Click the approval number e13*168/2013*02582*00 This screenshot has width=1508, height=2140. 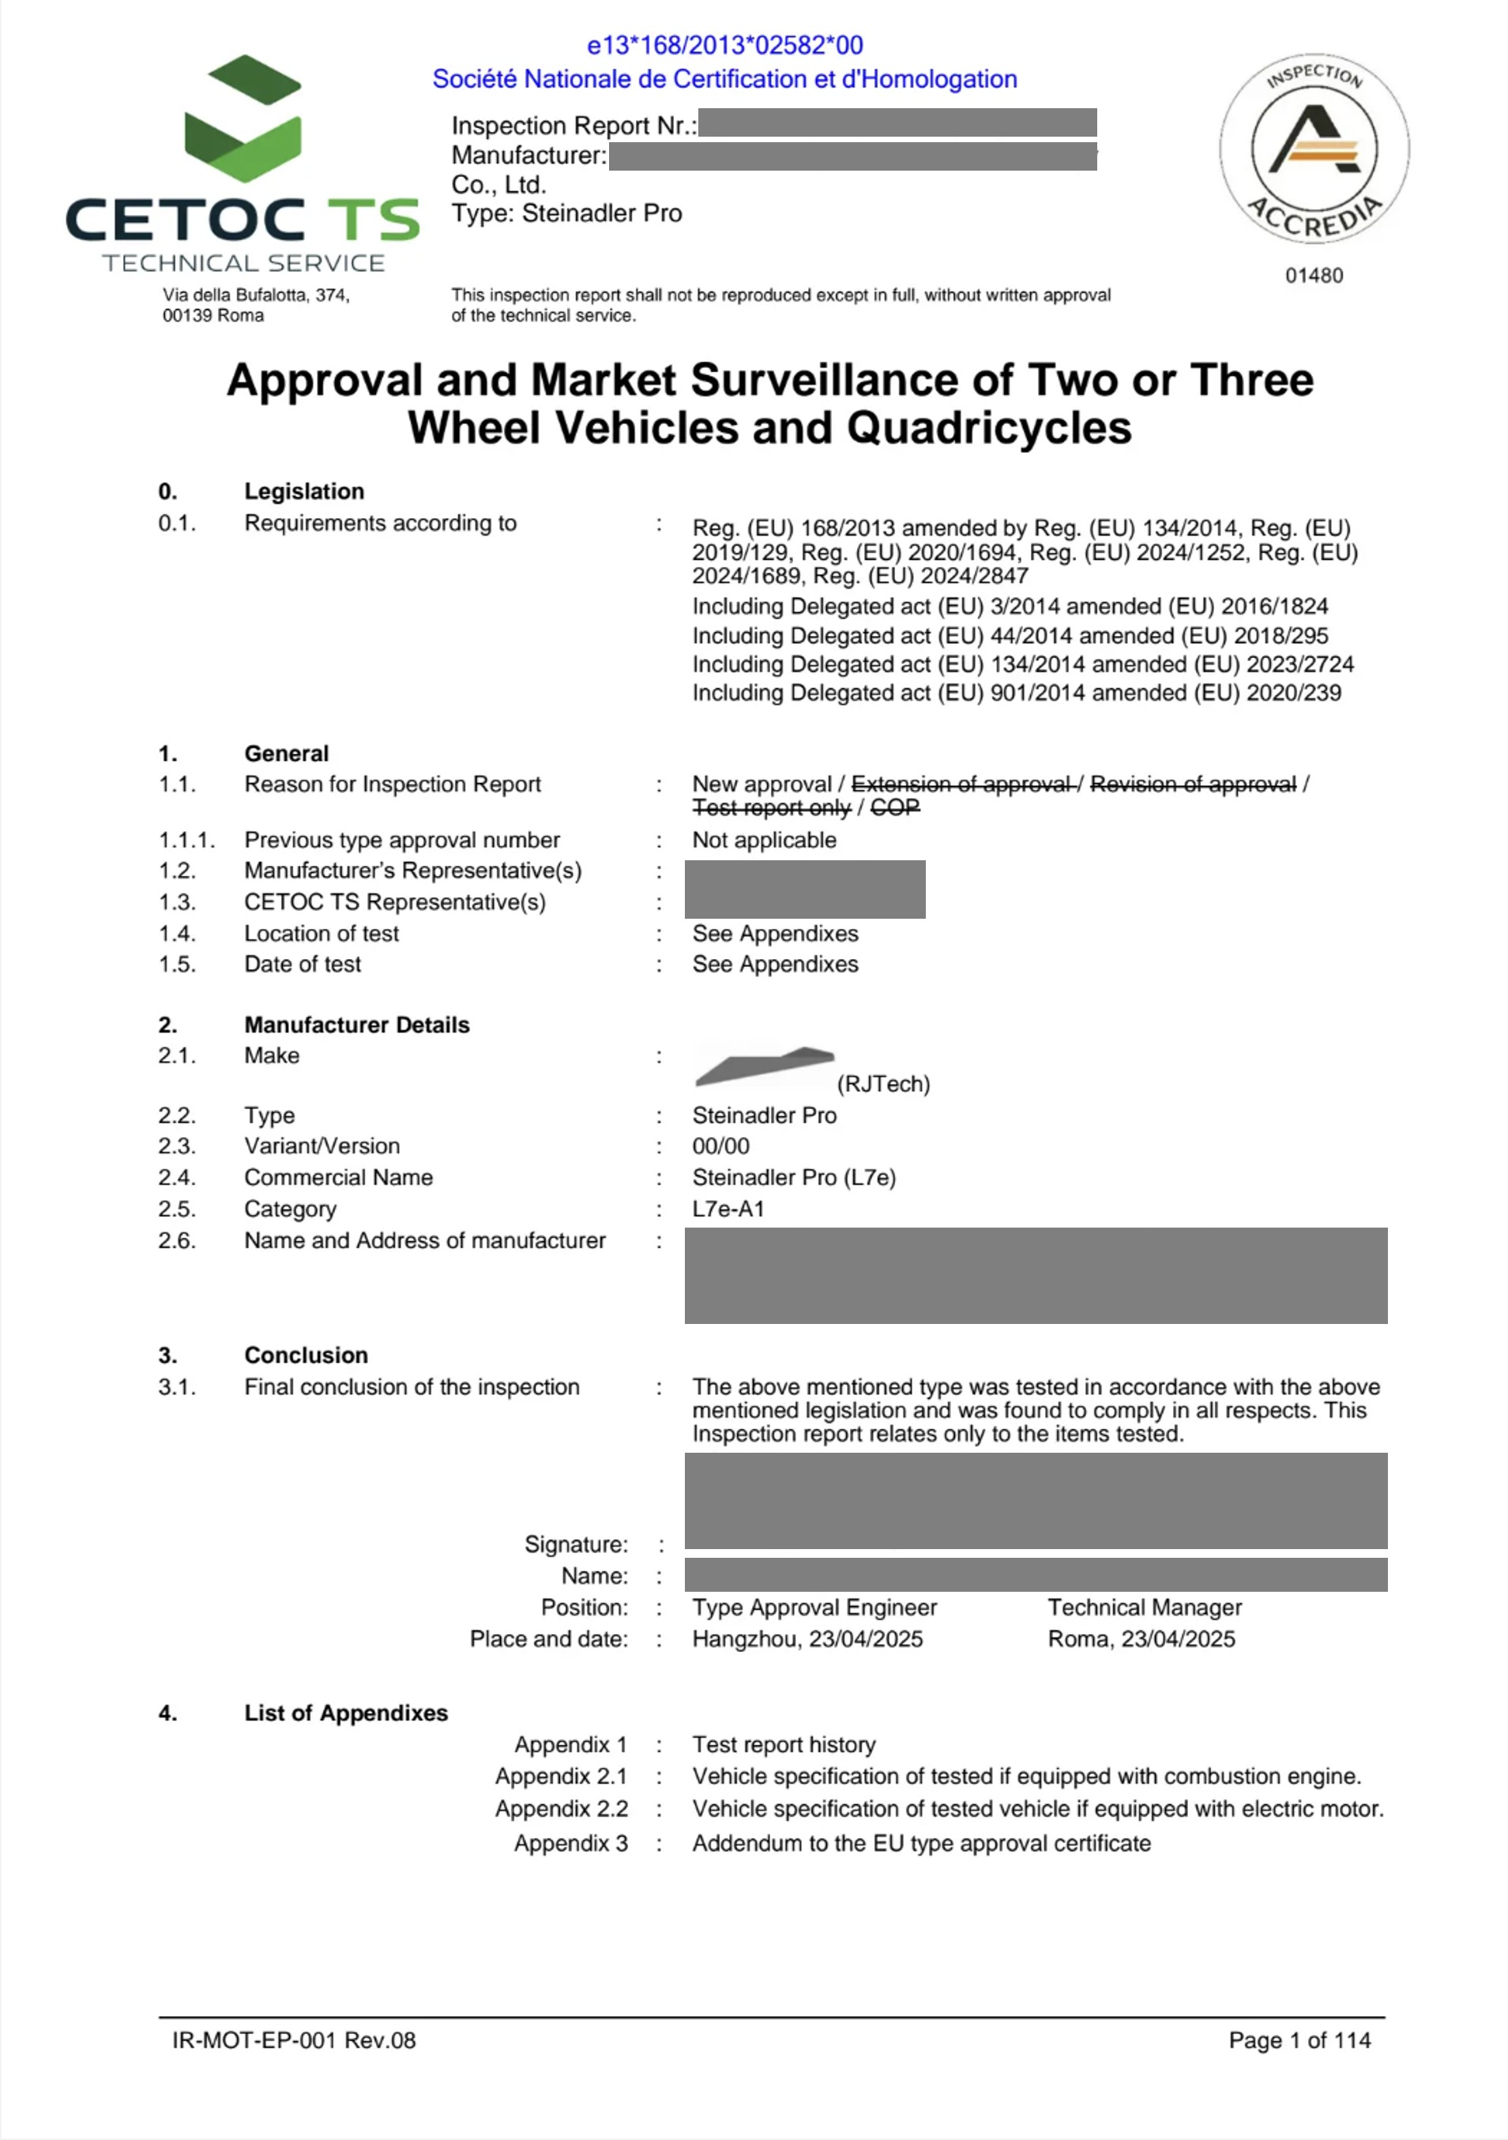pos(724,45)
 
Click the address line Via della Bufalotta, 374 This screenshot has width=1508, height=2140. pos(256,295)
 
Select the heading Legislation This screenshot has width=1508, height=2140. pos(304,491)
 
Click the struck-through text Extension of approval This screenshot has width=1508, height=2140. pos(961,784)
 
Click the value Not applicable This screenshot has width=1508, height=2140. pos(763,840)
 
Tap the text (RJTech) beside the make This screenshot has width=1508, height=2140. pos(882,1084)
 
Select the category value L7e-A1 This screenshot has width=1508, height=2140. pos(728,1209)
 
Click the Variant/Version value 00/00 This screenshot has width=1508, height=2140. pos(720,1145)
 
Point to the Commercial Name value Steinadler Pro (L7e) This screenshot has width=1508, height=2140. pos(793,1177)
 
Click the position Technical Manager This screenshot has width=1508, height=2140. pos(1144,1607)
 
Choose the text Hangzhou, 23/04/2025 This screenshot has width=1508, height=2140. pos(807,1638)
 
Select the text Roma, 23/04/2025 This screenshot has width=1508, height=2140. pos(1141,1638)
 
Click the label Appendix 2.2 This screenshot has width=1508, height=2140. pos(561,1808)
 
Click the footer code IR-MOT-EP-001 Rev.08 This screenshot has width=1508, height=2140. pos(294,2040)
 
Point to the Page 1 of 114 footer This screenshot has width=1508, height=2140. pos(1299,2040)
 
